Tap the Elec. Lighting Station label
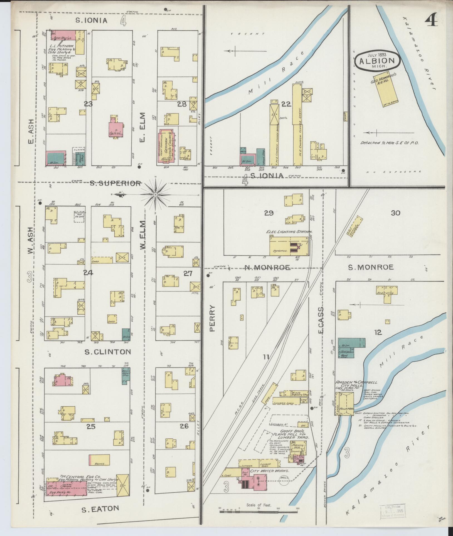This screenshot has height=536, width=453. click(x=290, y=231)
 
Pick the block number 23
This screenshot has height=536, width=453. click(x=88, y=104)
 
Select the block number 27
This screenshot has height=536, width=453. click(x=188, y=273)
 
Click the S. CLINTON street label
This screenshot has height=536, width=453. click(x=108, y=352)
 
